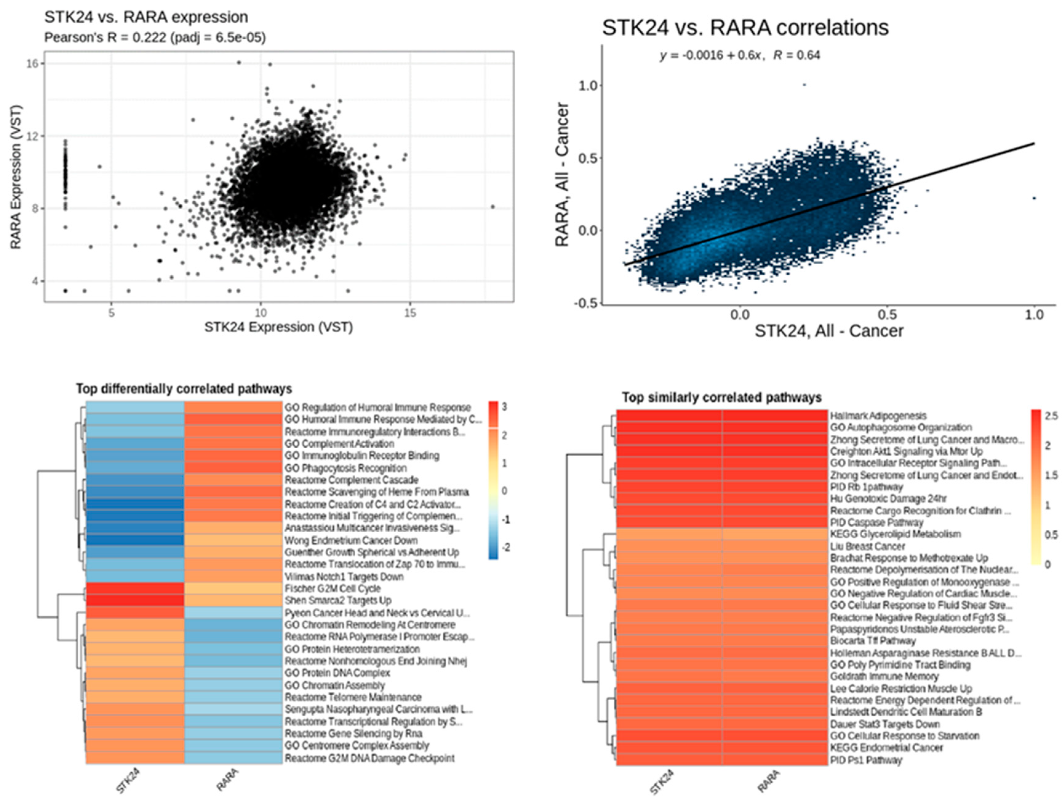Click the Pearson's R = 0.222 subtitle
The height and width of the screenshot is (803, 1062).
click(155, 38)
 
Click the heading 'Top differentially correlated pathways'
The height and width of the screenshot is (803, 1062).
click(184, 389)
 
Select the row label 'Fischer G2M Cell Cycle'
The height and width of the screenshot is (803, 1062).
click(332, 588)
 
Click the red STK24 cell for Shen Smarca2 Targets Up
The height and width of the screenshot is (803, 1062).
click(135, 600)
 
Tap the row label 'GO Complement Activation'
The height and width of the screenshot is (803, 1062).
click(339, 444)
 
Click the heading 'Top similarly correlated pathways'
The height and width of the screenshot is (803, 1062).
click(722, 398)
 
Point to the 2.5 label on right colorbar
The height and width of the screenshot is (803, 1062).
click(1051, 416)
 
